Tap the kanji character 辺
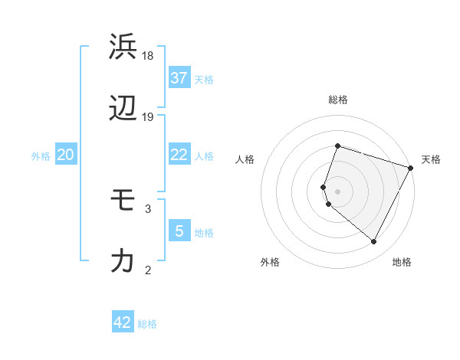click(123, 110)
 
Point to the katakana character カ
click(123, 261)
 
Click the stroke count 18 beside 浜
click(148, 56)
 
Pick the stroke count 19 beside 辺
click(148, 117)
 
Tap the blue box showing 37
click(179, 77)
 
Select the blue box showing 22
click(179, 155)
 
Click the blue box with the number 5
click(179, 231)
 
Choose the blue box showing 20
click(66, 155)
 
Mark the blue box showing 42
click(123, 322)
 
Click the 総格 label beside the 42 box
click(147, 324)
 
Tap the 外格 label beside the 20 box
click(41, 156)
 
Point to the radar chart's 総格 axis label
click(338, 100)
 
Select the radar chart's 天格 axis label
click(431, 159)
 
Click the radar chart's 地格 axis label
click(402, 262)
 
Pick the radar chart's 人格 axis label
click(245, 159)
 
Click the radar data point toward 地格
click(374, 242)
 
